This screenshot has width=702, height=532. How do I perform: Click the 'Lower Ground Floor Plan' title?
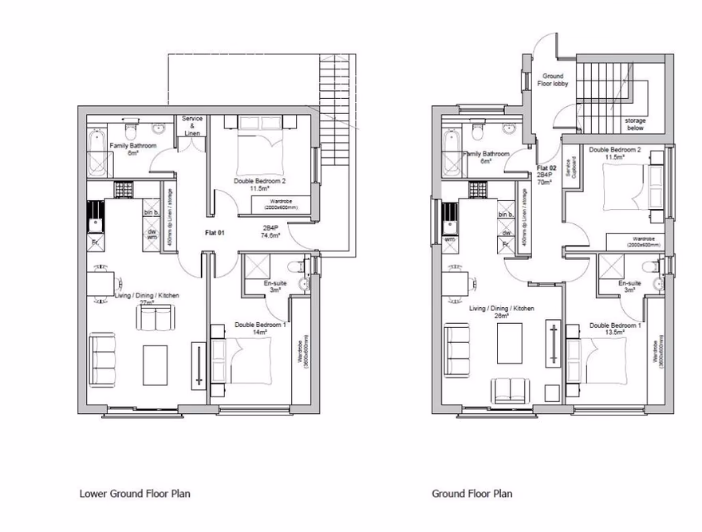point(135,493)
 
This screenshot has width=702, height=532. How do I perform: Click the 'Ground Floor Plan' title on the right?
point(472,493)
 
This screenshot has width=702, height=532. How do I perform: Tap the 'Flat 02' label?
point(546,168)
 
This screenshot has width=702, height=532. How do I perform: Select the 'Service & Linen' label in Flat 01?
point(192,125)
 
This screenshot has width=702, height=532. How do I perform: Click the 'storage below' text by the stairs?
point(635,124)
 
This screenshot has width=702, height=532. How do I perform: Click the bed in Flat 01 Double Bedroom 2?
point(258,144)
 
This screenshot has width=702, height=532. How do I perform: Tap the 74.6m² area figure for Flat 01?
point(271,236)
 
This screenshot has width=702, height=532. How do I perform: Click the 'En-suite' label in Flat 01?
point(274,283)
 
